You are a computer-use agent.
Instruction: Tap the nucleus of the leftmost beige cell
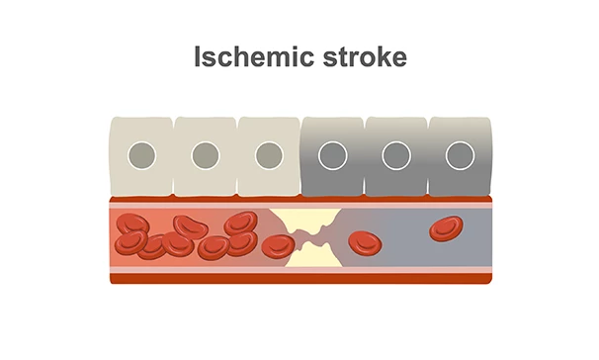click(141, 155)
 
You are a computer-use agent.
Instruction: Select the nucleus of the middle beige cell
click(205, 155)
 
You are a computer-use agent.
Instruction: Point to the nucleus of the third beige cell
click(268, 155)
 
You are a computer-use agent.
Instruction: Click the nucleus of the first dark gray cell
click(332, 155)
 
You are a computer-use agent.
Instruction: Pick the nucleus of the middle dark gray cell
click(395, 155)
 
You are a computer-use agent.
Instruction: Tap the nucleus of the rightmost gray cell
click(459, 155)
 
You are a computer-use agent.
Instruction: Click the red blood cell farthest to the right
click(446, 229)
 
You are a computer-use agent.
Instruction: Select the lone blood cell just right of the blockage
click(364, 240)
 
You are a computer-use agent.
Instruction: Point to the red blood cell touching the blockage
click(276, 244)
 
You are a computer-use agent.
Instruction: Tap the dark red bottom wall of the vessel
click(297, 278)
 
